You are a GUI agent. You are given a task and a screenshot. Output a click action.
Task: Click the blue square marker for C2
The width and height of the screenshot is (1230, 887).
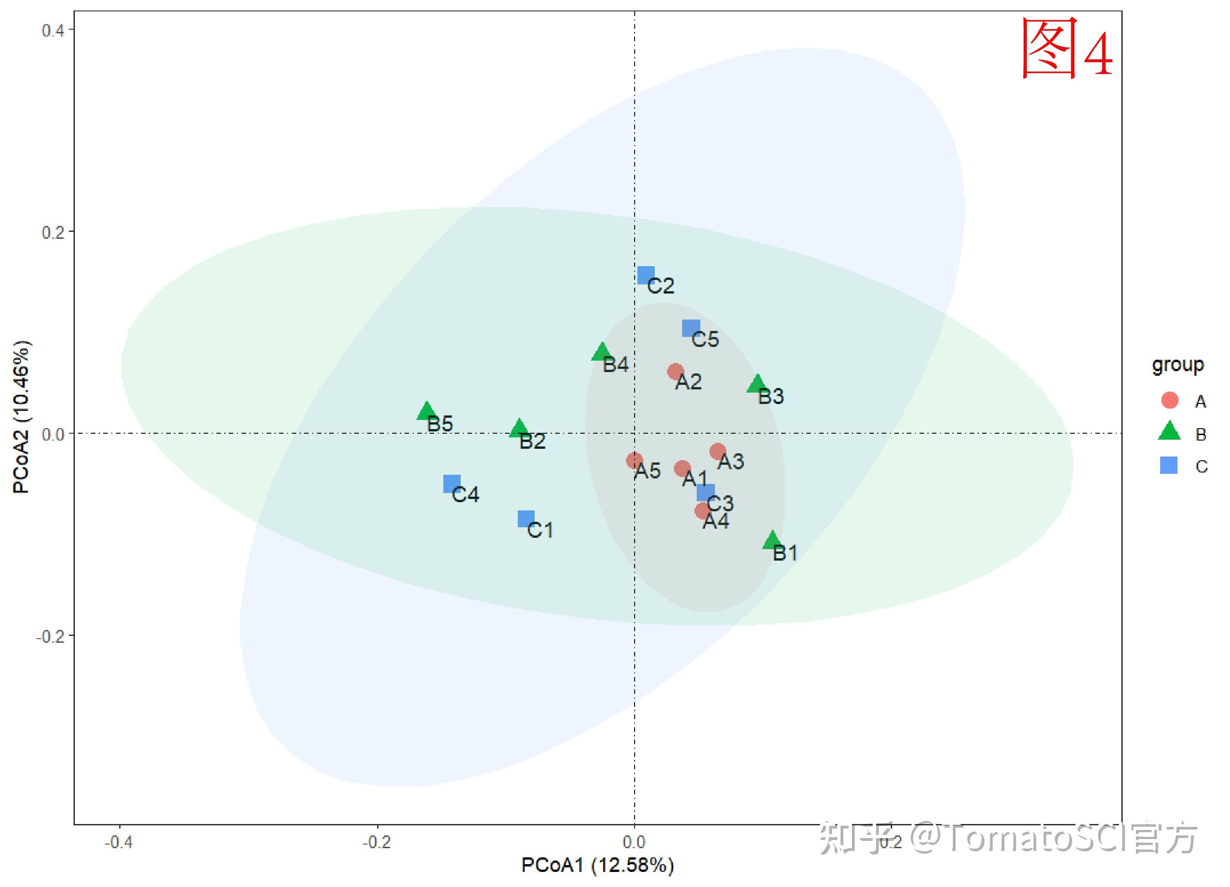tap(646, 275)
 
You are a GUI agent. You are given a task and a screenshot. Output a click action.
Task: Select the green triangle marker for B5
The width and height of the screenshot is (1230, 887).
tap(427, 411)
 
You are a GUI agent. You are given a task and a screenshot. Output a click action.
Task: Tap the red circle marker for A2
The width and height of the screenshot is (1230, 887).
tap(675, 372)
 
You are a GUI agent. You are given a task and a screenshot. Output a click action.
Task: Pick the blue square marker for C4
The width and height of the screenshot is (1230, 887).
tap(452, 483)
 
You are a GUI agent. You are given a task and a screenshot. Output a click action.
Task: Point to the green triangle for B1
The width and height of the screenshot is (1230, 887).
tap(772, 541)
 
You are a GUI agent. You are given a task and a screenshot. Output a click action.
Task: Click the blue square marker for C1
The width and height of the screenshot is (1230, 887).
tap(526, 519)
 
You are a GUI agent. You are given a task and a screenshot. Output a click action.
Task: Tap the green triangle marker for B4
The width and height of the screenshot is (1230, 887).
tap(601, 352)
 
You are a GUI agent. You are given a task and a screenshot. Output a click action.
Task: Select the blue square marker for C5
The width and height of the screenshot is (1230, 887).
tap(691, 328)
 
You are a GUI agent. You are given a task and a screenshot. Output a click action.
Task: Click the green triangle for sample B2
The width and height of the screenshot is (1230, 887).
tap(519, 428)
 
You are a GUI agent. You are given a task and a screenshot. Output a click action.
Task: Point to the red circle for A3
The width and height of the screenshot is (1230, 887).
tap(718, 451)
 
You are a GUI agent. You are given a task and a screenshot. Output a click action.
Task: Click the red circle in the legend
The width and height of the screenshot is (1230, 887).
tap(1170, 400)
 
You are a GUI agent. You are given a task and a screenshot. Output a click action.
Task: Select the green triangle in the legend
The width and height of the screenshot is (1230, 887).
tap(1169, 431)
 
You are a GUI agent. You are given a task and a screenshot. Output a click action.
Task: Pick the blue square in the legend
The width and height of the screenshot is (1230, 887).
tap(1169, 465)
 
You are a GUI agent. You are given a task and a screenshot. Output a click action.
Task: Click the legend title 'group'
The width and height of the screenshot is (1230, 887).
tap(1178, 365)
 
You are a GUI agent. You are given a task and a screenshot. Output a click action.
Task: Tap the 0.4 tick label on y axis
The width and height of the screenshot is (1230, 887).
tap(53, 31)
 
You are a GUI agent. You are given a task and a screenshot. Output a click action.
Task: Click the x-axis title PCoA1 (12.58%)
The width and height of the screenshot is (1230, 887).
tap(598, 865)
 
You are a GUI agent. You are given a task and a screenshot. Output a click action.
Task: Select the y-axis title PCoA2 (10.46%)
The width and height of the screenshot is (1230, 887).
tap(22, 417)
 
